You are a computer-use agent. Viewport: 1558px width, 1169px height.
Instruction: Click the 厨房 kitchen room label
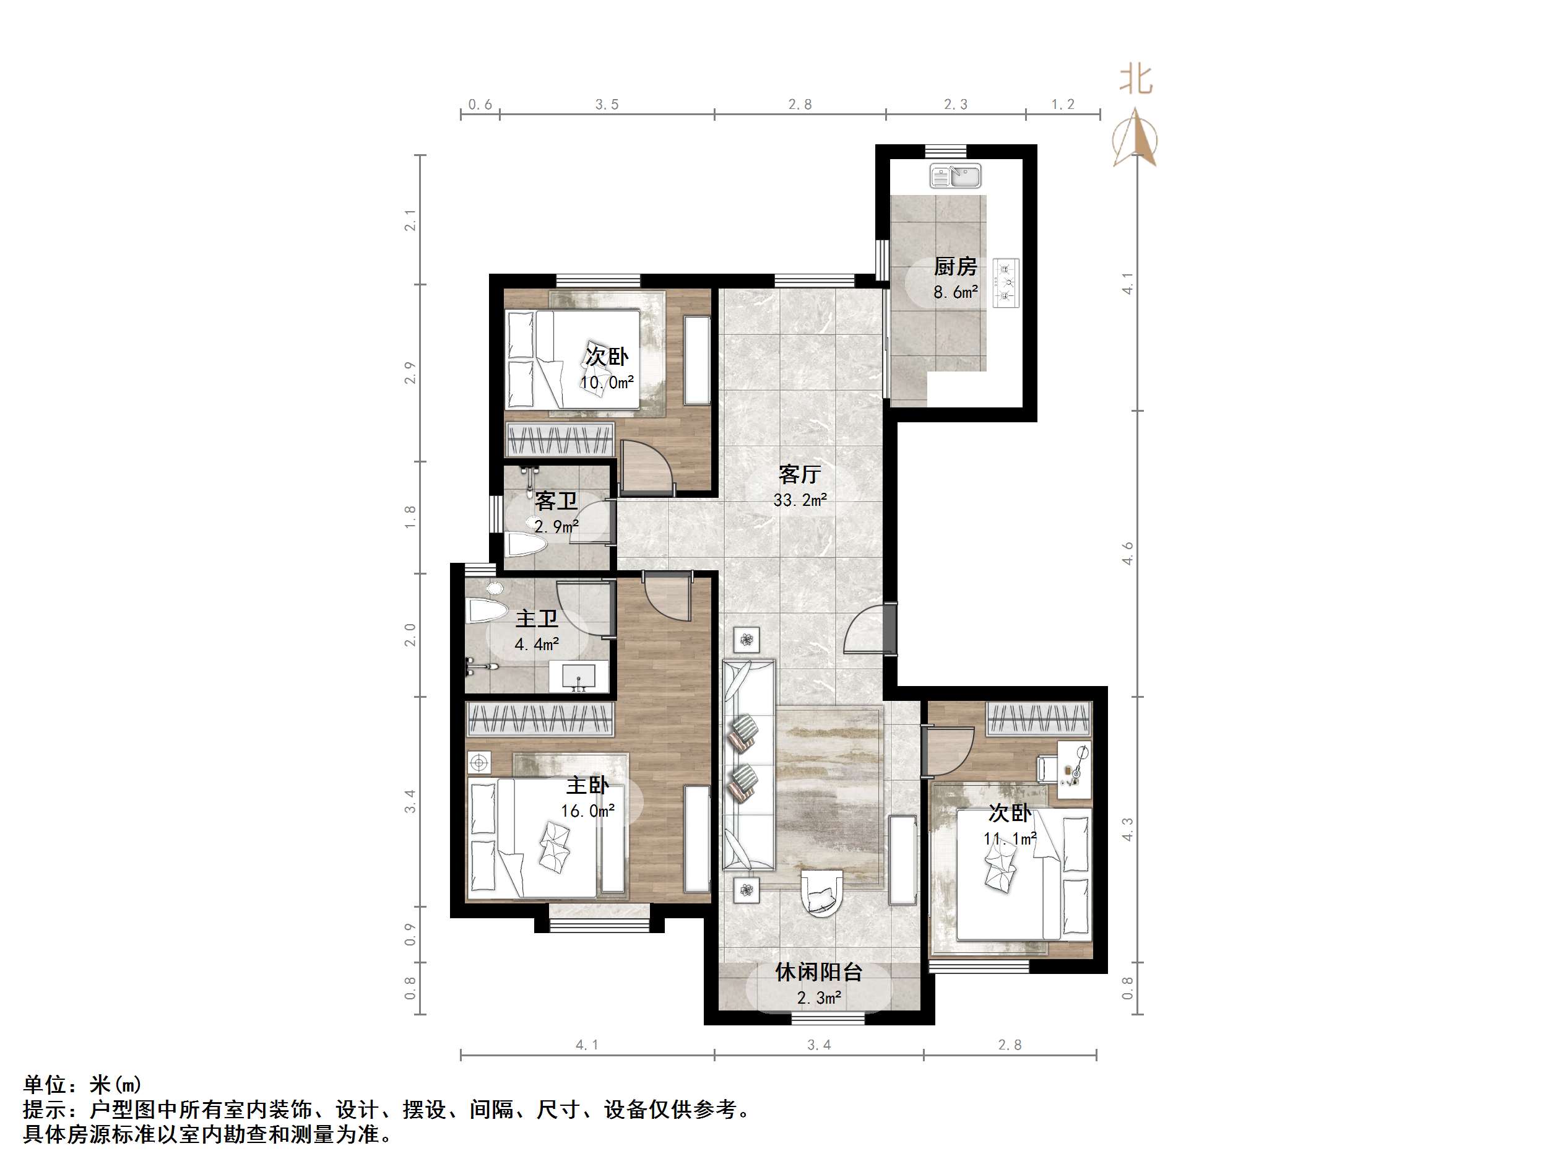pyautogui.click(x=955, y=267)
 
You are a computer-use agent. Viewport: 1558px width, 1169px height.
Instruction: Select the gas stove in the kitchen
pyautogui.click(x=1006, y=282)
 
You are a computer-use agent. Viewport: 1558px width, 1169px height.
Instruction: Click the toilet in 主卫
pyautogui.click(x=487, y=611)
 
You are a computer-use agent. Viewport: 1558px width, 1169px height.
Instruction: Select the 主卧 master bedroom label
pyautogui.click(x=587, y=785)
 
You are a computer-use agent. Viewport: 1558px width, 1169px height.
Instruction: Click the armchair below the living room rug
pyautogui.click(x=821, y=893)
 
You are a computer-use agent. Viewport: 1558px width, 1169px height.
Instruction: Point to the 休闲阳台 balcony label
pyautogui.click(x=818, y=972)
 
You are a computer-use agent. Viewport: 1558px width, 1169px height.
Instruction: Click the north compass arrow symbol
pyautogui.click(x=1135, y=137)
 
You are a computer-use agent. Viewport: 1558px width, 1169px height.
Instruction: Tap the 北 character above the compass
pyautogui.click(x=1135, y=80)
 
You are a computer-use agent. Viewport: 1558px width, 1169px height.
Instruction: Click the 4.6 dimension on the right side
pyautogui.click(x=1128, y=552)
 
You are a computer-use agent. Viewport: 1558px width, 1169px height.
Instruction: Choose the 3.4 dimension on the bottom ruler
pyautogui.click(x=818, y=1045)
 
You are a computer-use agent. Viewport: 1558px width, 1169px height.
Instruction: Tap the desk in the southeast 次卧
pyautogui.click(x=1074, y=769)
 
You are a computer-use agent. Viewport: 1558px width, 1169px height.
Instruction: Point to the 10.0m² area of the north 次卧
pyautogui.click(x=607, y=383)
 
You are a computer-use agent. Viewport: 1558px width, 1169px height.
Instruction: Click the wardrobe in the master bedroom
pyautogui.click(x=540, y=719)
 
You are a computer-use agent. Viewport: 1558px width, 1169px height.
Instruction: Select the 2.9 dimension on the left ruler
pyautogui.click(x=410, y=372)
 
